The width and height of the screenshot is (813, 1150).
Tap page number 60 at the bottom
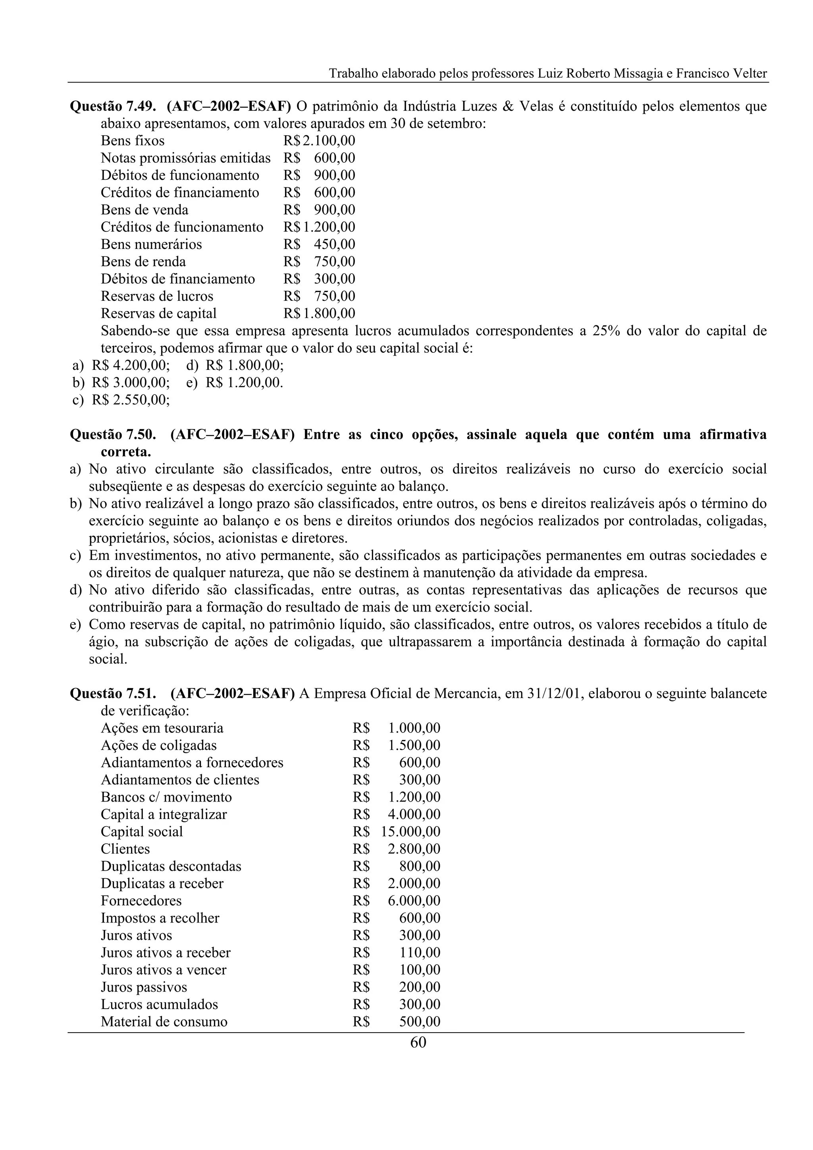418,1043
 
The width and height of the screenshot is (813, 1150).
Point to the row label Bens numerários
151,244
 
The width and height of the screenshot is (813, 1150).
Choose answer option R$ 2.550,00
130,400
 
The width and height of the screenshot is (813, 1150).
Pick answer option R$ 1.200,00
244,383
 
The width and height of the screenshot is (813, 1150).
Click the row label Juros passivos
144,987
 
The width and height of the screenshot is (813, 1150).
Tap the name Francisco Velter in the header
721,74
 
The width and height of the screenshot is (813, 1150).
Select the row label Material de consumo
164,1022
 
